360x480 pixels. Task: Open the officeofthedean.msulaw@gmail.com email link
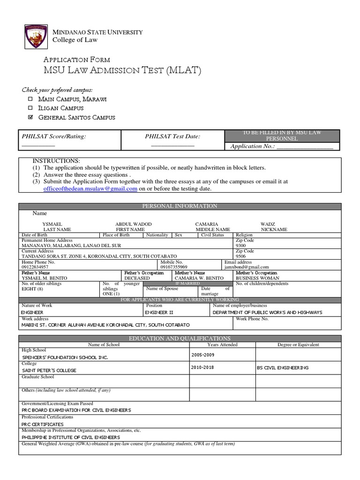[87, 188]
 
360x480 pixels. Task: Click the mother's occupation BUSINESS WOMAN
[257, 278]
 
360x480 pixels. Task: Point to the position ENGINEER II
[159, 312]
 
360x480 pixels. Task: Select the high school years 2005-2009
[203, 355]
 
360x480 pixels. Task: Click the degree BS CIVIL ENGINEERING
[283, 368]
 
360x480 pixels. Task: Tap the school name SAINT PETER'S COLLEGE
[49, 370]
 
